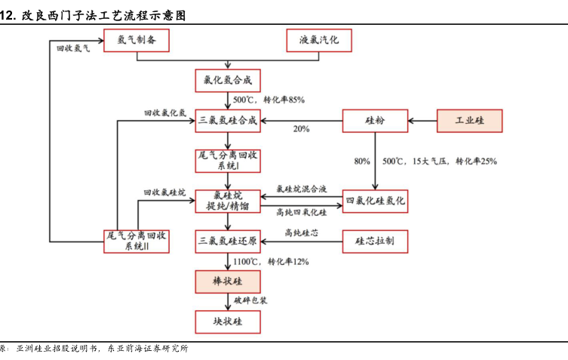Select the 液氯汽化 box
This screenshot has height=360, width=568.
(319, 40)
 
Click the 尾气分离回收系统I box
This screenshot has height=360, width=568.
(228, 160)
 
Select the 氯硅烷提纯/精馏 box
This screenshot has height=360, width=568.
(228, 200)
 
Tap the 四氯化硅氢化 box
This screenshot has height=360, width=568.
(375, 200)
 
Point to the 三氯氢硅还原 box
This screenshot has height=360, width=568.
(228, 241)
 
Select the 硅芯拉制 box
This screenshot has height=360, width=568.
(375, 241)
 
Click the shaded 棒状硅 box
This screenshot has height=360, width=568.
(228, 282)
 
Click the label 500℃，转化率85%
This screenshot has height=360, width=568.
(269, 100)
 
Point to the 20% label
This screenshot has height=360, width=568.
(301, 129)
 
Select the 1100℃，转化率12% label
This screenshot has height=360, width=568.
(271, 261)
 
